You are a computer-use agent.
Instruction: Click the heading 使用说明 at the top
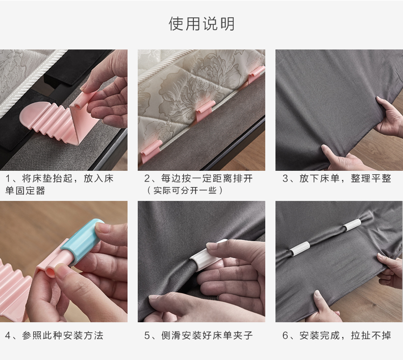coord(202,24)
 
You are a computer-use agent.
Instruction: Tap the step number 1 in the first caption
coord(8,178)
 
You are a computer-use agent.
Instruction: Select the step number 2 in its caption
coord(147,178)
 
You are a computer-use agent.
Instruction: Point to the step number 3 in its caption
coord(285,178)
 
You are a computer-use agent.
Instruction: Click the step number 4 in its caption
coord(8,336)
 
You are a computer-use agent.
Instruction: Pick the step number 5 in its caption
coord(147,336)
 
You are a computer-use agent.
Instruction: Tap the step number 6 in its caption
coord(285,336)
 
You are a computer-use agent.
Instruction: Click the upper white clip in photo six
coord(352,224)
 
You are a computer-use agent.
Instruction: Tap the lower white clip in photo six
coord(299,248)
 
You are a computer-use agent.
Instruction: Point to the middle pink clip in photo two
coord(205,110)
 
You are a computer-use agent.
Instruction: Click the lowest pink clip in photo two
coord(151,151)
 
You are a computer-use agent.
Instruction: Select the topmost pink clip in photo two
coord(256,74)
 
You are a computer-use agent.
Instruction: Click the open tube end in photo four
coord(51,273)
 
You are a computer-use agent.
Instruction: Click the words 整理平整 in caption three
coord(371,178)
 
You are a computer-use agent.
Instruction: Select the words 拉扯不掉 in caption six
coord(371,336)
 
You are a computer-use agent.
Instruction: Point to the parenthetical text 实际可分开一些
coord(185,190)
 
